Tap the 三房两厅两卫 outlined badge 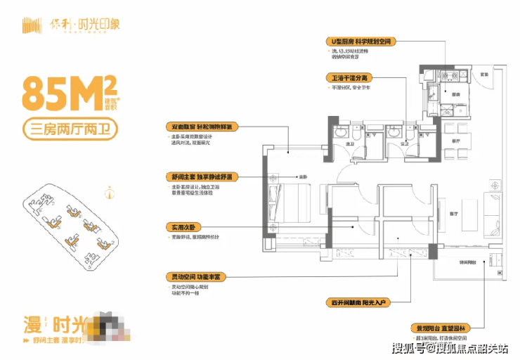(x=70, y=129)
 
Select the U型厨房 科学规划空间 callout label (x=365, y=43)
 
